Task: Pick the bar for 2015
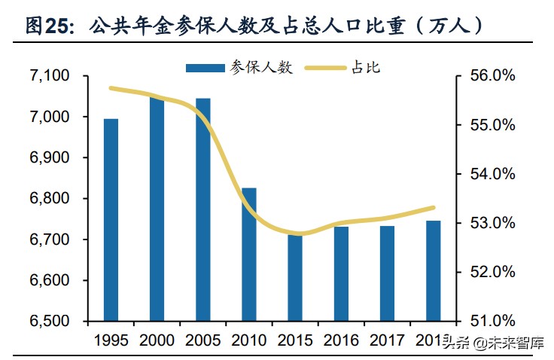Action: pyautogui.click(x=294, y=278)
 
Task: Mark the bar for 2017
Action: pyautogui.click(x=387, y=273)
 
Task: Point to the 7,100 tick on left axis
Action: pyautogui.click(x=49, y=76)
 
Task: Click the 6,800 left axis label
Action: pyautogui.click(x=49, y=199)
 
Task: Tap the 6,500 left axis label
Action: pyautogui.click(x=49, y=322)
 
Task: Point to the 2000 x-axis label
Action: pyautogui.click(x=157, y=340)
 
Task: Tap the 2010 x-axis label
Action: pyautogui.click(x=248, y=340)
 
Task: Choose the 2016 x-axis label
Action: pyautogui.click(x=341, y=340)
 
